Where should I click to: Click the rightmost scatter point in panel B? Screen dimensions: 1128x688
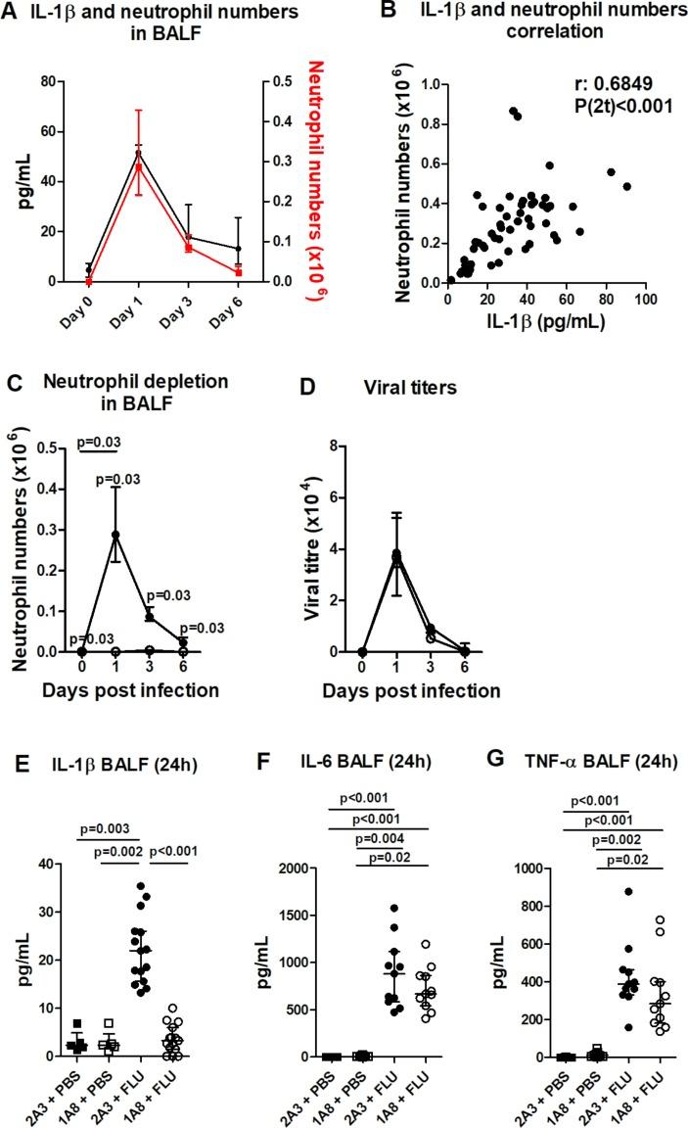pyautogui.click(x=627, y=186)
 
